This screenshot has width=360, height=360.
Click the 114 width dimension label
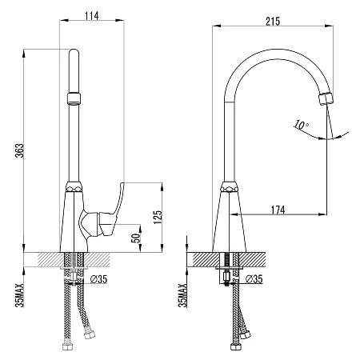point(92,16)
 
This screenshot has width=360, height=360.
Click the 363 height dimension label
point(19,150)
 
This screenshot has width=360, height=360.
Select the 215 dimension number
point(273,22)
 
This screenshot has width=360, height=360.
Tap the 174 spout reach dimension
point(278,210)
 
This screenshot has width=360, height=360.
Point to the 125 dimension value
point(158,217)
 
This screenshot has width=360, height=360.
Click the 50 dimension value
point(136,238)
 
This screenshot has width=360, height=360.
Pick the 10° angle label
point(302,125)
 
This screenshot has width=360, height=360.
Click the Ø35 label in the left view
point(98,279)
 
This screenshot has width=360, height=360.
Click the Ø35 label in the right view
point(254,279)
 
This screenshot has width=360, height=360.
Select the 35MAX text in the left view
point(19,295)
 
